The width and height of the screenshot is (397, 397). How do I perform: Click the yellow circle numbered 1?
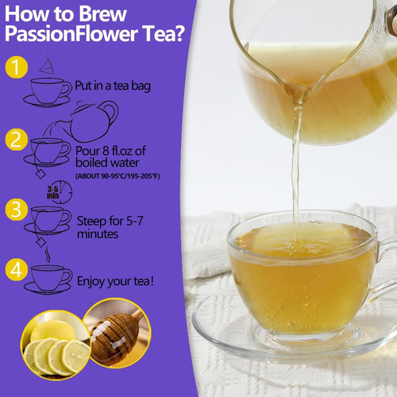coord(17,67)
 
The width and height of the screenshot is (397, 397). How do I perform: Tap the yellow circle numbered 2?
coord(17,140)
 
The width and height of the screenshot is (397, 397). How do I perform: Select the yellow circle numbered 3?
coord(17,210)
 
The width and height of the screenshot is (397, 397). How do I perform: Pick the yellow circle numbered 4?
coord(17,270)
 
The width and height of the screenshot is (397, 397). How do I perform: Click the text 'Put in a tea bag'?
coord(113,86)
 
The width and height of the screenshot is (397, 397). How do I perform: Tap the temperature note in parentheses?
coord(118,176)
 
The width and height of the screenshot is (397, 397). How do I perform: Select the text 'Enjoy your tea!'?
coord(115,281)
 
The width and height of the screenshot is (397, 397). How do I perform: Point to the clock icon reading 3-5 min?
coord(60,192)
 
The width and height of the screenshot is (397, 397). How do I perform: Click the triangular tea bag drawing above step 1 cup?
coord(47,64)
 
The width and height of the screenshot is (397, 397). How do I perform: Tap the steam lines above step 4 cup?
coord(48,254)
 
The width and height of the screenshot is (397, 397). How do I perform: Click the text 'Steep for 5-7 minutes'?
coord(110,228)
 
